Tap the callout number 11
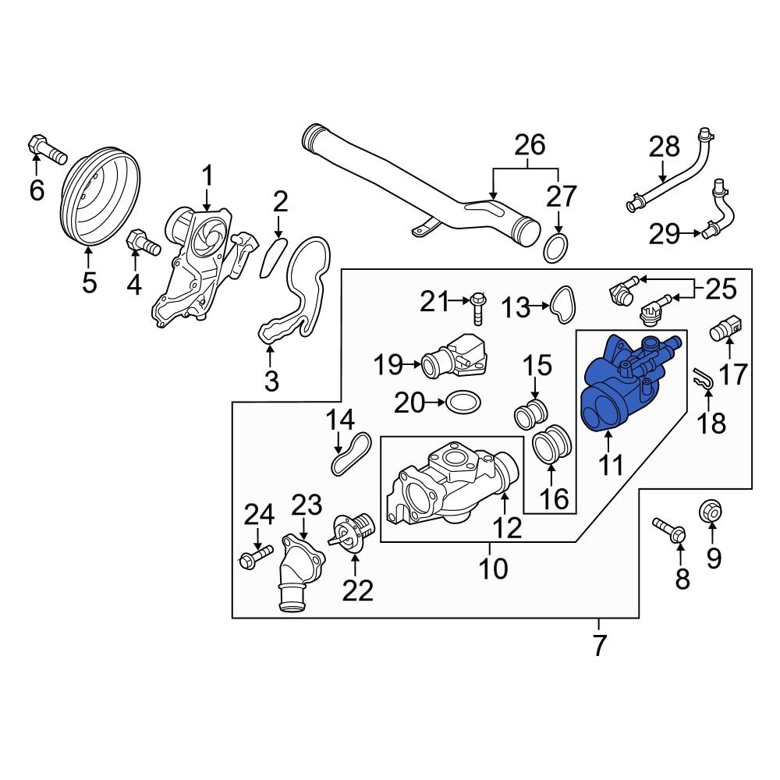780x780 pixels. [611, 466]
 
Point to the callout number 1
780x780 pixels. [208, 177]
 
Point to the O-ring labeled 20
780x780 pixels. [463, 402]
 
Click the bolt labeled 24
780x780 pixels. [255, 556]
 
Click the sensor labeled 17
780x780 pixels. [725, 332]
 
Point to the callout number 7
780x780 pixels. [598, 646]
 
